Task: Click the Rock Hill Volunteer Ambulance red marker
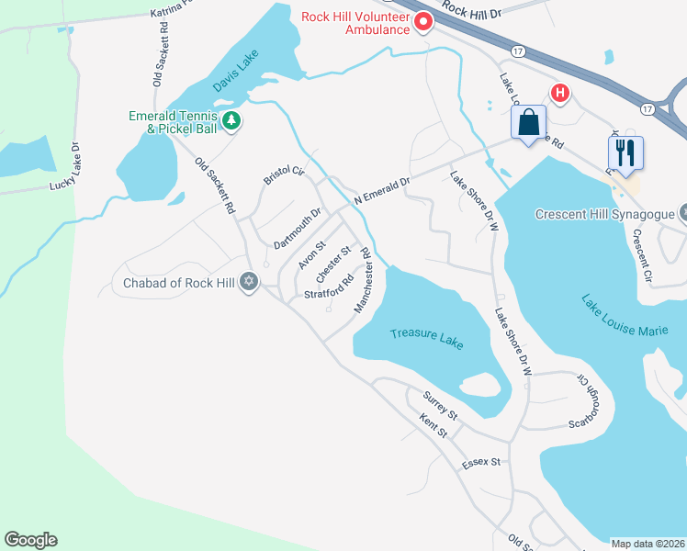[423, 22]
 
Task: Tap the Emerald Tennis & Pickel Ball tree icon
[232, 119]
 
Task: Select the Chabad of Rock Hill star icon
[248, 282]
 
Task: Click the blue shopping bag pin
[528, 122]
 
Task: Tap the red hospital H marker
[558, 93]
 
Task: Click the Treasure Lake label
[426, 338]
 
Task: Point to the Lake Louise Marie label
[624, 314]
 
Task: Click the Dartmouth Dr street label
[298, 230]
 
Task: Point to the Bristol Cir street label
[283, 174]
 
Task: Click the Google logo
[30, 540]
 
